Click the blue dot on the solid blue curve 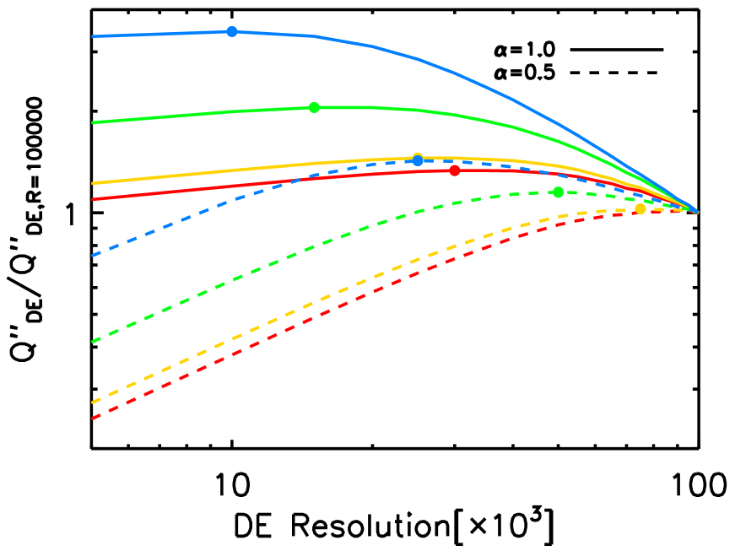(232, 31)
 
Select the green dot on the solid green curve (314, 107)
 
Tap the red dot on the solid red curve (455, 170)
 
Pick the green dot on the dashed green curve (558, 192)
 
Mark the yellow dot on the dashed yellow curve (640, 208)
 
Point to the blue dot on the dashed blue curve (418, 160)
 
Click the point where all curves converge (697, 211)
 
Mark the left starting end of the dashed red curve (93, 418)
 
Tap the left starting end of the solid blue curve (93, 36)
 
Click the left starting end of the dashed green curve (93, 342)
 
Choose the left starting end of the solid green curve (93, 122)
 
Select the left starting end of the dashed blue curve (93, 255)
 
